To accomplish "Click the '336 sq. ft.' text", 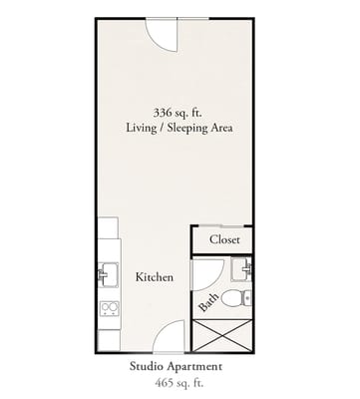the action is tap(178, 113).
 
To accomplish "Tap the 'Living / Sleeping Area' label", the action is tap(180, 128).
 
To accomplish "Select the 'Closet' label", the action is tap(224, 239).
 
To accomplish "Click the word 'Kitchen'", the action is tap(155, 277).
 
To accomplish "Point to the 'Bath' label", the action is tap(208, 302).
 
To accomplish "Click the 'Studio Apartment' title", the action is tap(176, 367).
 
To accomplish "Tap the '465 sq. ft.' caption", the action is tap(179, 383).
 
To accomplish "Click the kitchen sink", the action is tap(109, 274).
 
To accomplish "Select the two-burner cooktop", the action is tap(110, 309).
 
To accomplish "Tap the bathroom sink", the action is tap(241, 269).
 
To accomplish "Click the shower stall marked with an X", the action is tap(222, 335).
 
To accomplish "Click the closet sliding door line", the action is tap(221, 226).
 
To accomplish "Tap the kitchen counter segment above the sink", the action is tap(109, 227).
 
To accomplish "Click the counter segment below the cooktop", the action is tap(109, 340).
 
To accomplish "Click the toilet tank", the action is tap(247, 298).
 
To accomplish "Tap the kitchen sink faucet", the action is tap(102, 275).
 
